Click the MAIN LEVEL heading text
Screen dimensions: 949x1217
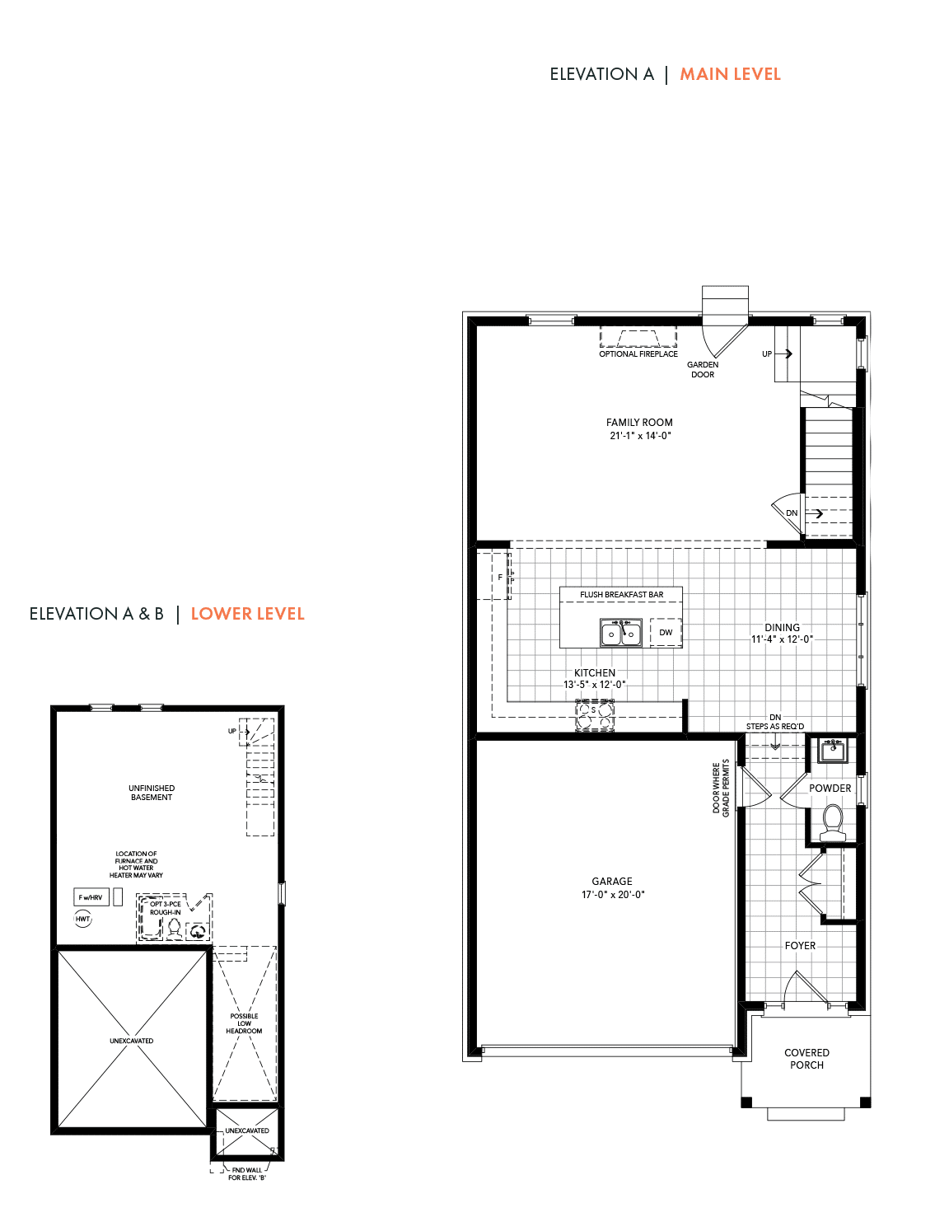730,74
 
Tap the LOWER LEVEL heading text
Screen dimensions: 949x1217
247,614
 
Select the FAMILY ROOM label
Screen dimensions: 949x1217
639,422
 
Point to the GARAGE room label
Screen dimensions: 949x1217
612,881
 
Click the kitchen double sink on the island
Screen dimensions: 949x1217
621,633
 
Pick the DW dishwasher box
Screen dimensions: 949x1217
666,632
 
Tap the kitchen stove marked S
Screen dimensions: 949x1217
595,715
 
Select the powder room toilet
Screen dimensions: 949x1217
833,822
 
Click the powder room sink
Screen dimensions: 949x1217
833,750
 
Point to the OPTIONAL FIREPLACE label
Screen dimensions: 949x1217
638,354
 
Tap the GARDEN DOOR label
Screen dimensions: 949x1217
703,370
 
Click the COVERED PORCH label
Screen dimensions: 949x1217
806,1059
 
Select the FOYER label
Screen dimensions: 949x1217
800,945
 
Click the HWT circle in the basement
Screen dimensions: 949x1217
83,919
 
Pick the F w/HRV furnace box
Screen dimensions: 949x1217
91,897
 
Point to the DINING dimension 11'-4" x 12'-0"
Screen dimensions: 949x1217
782,639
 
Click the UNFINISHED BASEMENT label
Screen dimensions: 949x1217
152,793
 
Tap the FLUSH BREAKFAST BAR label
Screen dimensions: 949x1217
621,594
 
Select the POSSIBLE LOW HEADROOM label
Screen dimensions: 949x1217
244,1023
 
